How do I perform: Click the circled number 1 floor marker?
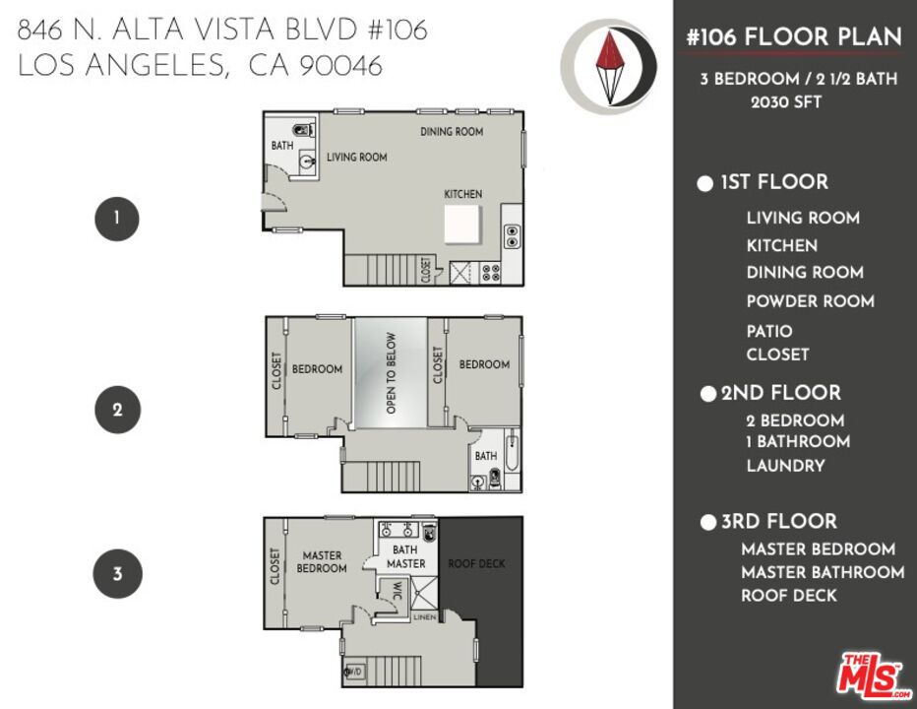[x=116, y=219]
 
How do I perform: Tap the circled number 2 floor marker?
[x=116, y=410]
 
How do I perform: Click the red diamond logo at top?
[x=609, y=66]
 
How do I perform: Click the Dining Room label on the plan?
[x=452, y=132]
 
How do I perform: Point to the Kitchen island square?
[x=462, y=225]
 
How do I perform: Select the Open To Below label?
[x=391, y=372]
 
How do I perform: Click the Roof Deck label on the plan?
[x=476, y=563]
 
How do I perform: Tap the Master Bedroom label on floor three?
[x=322, y=562]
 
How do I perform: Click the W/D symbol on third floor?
[x=352, y=674]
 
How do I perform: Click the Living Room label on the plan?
[x=356, y=157]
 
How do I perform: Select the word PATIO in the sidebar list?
[x=768, y=331]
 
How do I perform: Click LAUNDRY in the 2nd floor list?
[x=785, y=466]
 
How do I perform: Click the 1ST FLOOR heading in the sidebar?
[x=773, y=182]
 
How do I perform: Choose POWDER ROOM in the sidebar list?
[x=810, y=301]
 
